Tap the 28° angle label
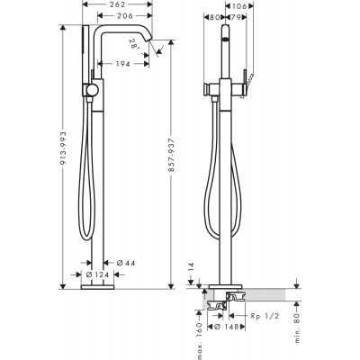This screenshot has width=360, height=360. tap(134, 42)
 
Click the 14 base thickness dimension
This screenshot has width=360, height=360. tap(189, 267)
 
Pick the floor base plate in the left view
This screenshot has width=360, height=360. tap(96, 288)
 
